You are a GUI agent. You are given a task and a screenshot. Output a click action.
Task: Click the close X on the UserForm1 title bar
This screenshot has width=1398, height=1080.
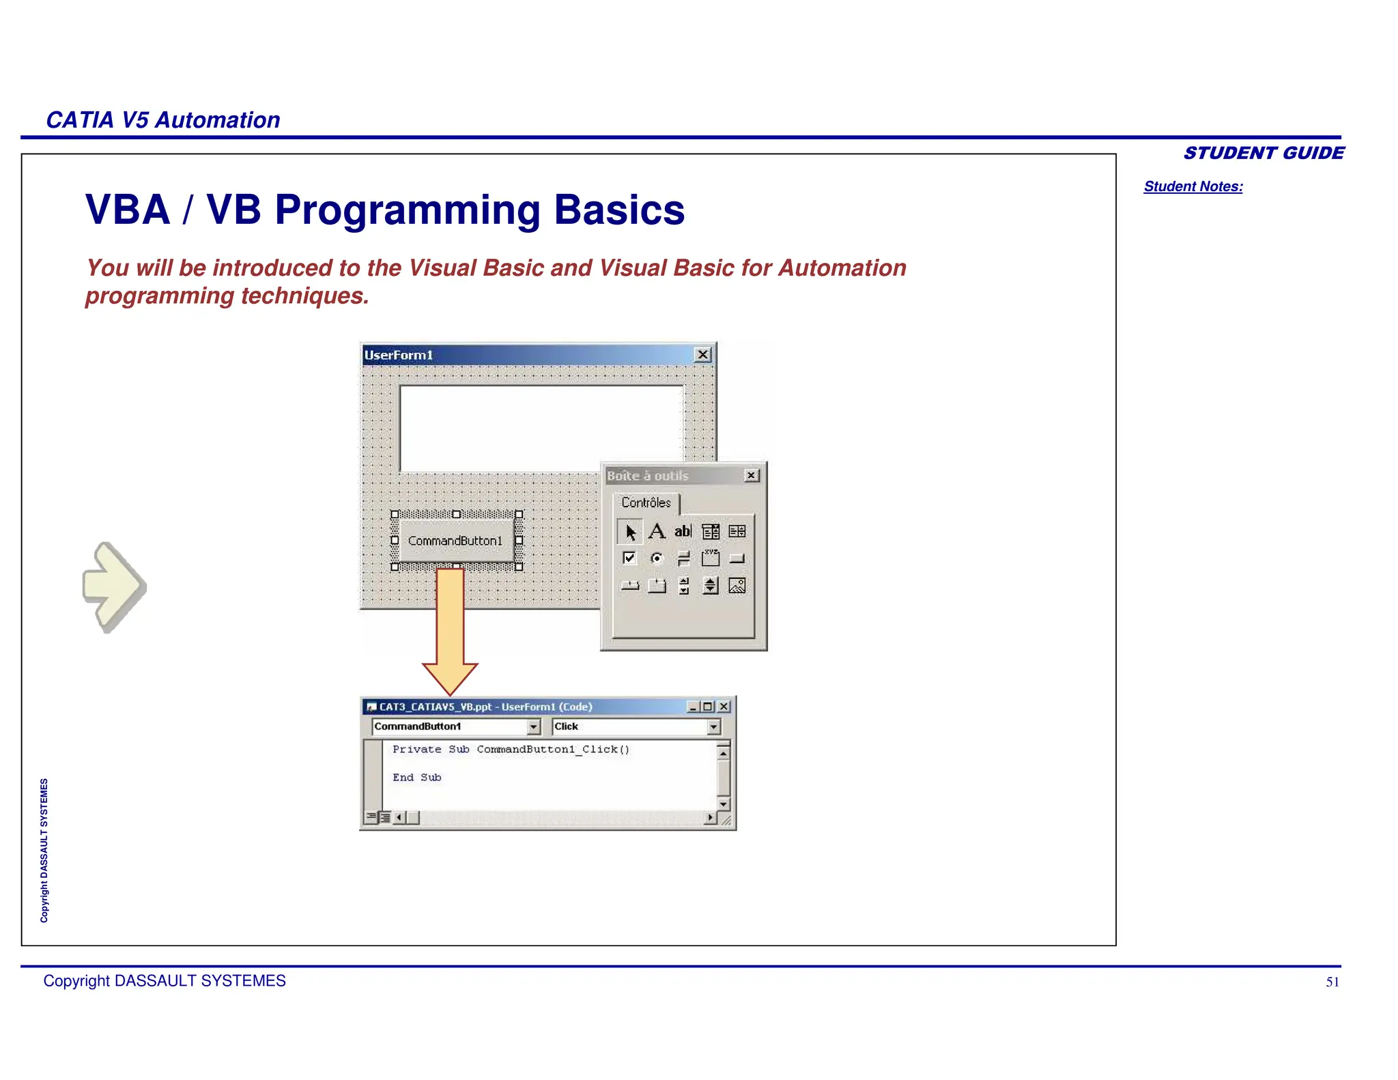point(702,355)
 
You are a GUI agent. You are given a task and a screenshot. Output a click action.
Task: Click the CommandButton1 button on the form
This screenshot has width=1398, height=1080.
point(455,541)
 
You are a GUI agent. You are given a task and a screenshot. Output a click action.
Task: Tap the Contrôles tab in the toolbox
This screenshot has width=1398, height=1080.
point(646,502)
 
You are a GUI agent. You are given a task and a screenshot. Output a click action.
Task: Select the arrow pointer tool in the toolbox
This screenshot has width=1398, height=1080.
point(630,532)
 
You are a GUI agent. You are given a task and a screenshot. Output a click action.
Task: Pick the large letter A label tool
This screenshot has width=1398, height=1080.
point(657,531)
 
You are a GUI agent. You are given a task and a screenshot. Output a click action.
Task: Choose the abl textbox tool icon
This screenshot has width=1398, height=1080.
point(683,531)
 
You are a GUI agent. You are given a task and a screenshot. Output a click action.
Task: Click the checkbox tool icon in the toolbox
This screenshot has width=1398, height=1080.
point(629,558)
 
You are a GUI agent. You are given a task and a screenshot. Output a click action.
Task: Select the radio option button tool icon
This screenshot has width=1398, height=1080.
point(657,558)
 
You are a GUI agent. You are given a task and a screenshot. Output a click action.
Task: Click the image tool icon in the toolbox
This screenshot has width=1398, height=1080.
point(737,586)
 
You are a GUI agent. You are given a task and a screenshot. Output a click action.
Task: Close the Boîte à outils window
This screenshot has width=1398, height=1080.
point(752,475)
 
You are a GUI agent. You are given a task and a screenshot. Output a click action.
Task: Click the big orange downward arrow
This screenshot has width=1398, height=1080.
point(450,628)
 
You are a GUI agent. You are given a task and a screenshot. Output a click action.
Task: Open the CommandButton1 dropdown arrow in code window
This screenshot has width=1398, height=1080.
point(534,727)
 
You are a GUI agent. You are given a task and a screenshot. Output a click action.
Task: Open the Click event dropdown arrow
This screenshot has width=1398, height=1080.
point(713,727)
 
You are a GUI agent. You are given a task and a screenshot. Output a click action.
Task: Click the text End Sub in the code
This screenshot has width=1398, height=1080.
point(416,778)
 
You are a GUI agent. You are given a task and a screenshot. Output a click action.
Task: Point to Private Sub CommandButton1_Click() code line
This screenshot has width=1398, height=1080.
point(511,750)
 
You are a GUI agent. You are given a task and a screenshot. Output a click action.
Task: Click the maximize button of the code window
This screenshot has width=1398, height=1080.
point(708,707)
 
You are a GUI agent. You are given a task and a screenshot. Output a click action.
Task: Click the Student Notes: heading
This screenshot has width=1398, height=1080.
point(1193,186)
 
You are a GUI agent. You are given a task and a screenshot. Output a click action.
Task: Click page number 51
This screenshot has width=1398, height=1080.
point(1332,982)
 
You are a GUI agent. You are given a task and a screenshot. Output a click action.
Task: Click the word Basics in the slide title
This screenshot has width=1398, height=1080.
point(618,210)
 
